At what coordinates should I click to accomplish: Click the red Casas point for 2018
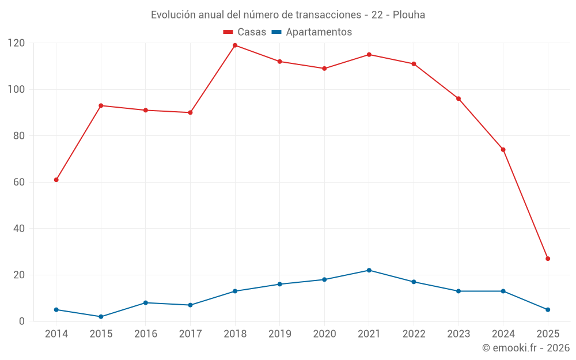[235, 46]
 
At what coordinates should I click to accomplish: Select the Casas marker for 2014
[56, 180]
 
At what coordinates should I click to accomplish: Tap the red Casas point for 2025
[548, 259]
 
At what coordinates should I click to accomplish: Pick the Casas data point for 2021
[369, 55]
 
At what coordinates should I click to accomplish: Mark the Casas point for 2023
[458, 98]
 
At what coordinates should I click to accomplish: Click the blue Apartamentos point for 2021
[369, 270]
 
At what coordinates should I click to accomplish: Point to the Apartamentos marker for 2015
[101, 317]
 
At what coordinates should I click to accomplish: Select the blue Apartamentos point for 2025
[548, 310]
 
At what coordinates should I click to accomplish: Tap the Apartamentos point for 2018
[235, 291]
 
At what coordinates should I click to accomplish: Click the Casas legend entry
[245, 32]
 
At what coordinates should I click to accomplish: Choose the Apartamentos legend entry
[312, 32]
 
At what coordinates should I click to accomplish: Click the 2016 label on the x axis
[146, 334]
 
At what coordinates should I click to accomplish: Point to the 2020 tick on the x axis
[324, 334]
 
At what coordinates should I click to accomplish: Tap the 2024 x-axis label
[503, 334]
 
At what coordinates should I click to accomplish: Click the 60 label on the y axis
[19, 182]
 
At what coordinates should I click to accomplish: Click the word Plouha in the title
[409, 15]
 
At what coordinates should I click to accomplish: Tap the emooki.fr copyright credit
[525, 348]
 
